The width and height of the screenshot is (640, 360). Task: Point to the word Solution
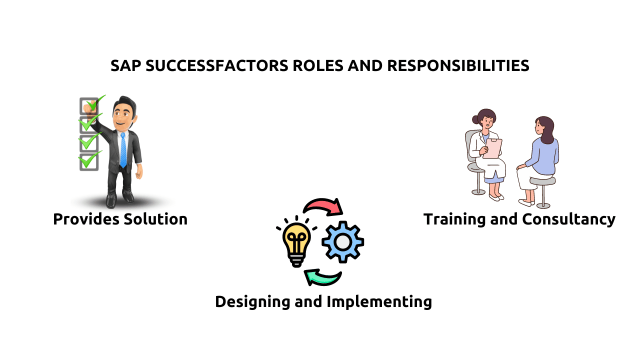pos(158,219)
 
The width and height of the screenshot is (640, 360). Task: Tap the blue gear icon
pos(342,242)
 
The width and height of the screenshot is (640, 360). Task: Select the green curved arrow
pos(322,276)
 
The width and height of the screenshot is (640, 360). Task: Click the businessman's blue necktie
pos(123,149)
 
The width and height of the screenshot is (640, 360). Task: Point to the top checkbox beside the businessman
pos(88,106)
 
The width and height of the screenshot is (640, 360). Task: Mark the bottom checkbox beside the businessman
pos(88,161)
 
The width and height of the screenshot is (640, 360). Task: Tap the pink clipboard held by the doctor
pos(493,148)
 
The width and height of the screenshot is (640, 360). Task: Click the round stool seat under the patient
pos(542,181)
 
